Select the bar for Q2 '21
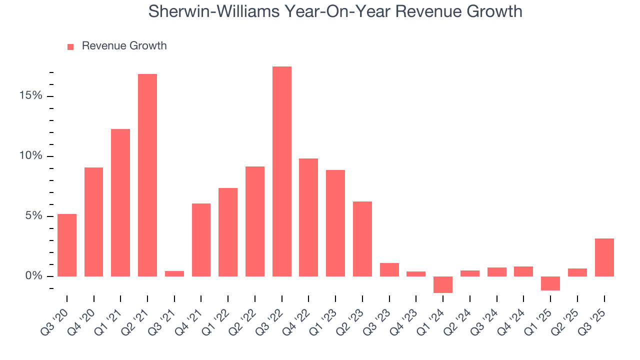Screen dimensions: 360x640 point(147,175)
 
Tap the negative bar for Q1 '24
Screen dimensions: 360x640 point(442,284)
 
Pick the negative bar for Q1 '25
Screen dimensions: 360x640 point(550,283)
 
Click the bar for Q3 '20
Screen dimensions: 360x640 point(67,245)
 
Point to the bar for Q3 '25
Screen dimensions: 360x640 point(604,257)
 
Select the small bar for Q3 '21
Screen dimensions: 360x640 point(174,273)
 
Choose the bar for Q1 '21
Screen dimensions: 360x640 point(120,202)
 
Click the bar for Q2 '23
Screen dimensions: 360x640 point(362,239)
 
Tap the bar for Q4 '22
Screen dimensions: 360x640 point(308,217)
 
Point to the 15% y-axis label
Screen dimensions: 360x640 point(31,96)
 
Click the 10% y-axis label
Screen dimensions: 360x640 point(31,156)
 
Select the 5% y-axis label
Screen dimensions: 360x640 point(33,216)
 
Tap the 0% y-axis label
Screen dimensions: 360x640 point(33,276)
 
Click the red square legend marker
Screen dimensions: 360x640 point(70,46)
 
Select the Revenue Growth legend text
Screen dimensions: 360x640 point(124,46)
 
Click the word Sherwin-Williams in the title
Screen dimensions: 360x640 point(213,11)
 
